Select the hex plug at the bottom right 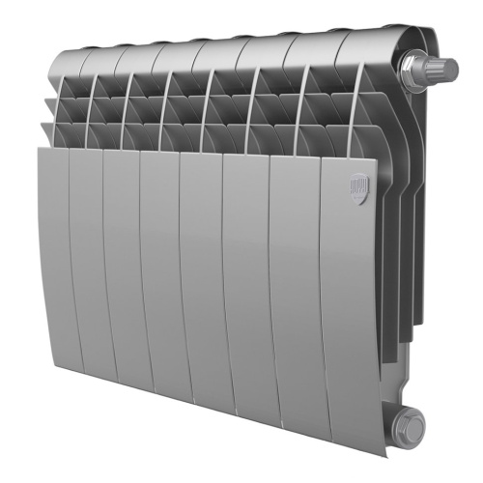pos(410,422)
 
